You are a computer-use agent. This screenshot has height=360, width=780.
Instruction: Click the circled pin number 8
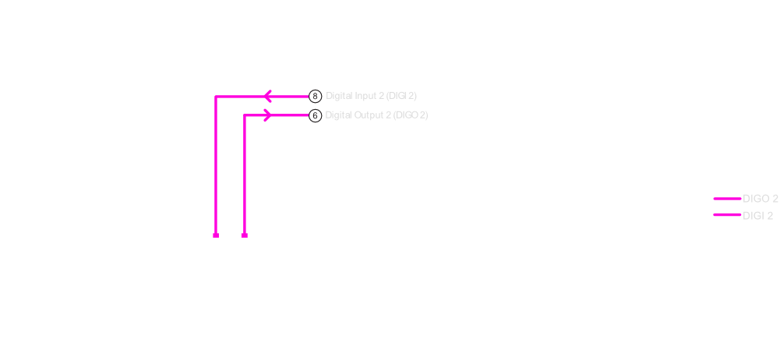click(316, 97)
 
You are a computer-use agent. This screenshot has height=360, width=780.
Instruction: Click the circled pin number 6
click(316, 116)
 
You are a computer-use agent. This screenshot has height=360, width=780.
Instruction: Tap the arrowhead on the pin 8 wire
click(267, 97)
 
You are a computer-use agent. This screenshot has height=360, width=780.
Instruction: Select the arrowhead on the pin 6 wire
click(267, 115)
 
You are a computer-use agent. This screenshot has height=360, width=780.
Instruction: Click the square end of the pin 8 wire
click(216, 235)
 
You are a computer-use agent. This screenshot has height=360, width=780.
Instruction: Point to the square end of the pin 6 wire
click(245, 235)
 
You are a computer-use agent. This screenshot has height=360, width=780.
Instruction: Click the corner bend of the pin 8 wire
click(216, 97)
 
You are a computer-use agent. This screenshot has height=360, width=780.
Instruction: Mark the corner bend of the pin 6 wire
click(245, 115)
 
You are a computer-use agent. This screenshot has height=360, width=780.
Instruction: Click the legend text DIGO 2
click(760, 199)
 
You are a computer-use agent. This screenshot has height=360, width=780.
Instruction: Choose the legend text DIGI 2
click(757, 216)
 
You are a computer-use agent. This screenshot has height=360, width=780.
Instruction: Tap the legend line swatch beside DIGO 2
click(727, 199)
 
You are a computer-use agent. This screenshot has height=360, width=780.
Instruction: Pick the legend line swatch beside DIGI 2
click(727, 215)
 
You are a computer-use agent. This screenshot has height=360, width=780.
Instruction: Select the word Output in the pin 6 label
click(370, 116)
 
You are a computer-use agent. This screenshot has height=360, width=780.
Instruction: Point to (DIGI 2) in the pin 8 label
click(401, 97)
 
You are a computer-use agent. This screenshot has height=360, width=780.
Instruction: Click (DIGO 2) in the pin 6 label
click(411, 116)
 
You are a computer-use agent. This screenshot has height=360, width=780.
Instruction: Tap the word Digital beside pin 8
click(339, 97)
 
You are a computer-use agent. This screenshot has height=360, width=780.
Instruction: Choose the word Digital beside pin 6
click(339, 116)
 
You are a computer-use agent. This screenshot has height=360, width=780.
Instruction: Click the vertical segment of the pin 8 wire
click(216, 165)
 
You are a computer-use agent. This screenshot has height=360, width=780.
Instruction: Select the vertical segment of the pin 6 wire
click(245, 175)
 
